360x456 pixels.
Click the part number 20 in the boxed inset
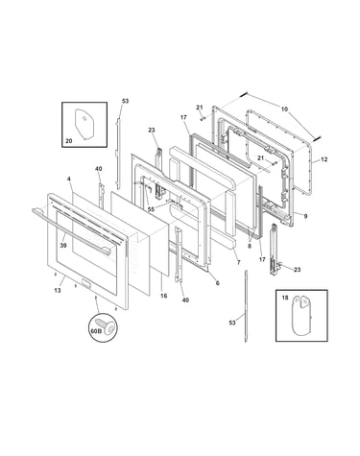pos(69,140)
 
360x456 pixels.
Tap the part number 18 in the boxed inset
pos(285,298)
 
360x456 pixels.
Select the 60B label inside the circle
pos(96,331)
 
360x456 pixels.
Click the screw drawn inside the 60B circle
pos(108,326)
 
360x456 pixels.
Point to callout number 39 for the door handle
pos(63,245)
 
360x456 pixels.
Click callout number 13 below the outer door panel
pos(58,290)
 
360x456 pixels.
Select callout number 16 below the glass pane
pos(163,296)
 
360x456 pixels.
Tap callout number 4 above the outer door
pos(69,179)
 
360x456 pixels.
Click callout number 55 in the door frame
pos(151,209)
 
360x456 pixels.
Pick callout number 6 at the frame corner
pos(218,283)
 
